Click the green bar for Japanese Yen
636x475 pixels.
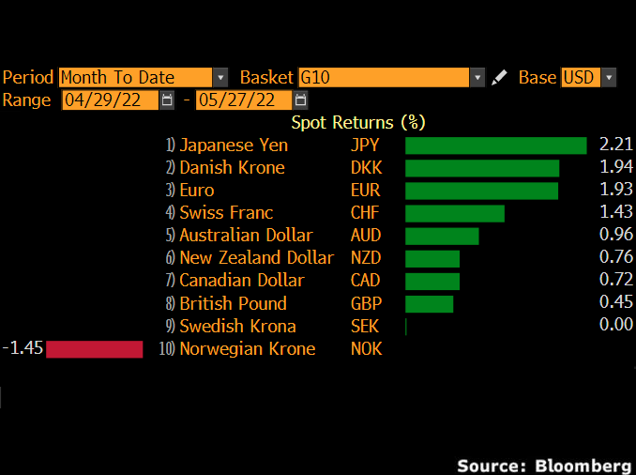point(495,145)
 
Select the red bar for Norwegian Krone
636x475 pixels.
point(94,349)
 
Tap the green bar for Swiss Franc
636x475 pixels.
point(454,213)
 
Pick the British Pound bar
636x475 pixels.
point(429,303)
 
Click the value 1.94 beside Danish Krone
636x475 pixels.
point(616,168)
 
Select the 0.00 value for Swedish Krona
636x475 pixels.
point(616,326)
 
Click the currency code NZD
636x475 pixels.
point(366,258)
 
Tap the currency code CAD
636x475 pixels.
point(366,281)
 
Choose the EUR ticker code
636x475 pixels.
point(365,191)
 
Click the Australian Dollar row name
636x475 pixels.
point(246,236)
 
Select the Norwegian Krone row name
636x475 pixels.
point(248,349)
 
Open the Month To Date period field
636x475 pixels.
point(135,78)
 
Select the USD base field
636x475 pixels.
point(580,78)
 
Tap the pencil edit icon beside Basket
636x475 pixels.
point(499,78)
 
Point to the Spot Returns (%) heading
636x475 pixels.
point(358,122)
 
